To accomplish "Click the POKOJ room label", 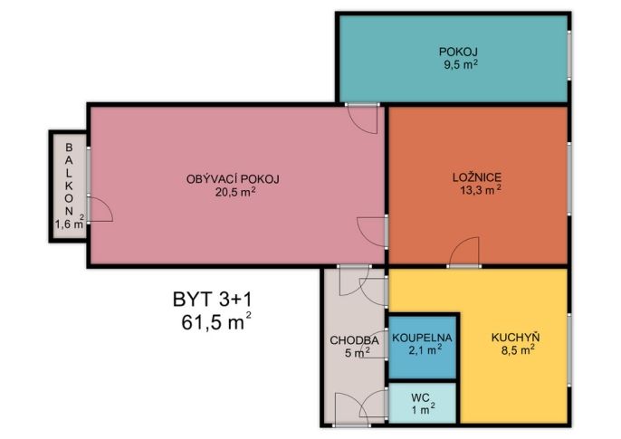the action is point(458,52).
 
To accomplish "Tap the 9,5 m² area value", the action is point(460,64).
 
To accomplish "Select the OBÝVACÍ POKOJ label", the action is point(233,179).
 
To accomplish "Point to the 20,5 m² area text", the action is point(234,192).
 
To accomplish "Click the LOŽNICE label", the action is point(477,177).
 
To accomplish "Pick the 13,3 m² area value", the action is point(481,190).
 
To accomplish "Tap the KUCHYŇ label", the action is point(516,338).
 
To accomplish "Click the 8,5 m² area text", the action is point(518,350).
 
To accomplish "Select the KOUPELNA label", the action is point(422,338).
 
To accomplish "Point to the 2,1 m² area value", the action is point(425,350).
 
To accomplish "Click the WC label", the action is point(420,397).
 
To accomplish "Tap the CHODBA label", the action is point(354,340).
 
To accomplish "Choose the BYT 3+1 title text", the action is point(212,300).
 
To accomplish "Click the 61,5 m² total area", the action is point(216,321).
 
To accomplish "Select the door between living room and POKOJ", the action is point(362,119).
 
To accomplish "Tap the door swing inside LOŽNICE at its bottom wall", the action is point(464,252).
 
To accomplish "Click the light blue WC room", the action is point(422,403).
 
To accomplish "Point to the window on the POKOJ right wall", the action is point(569,55).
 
